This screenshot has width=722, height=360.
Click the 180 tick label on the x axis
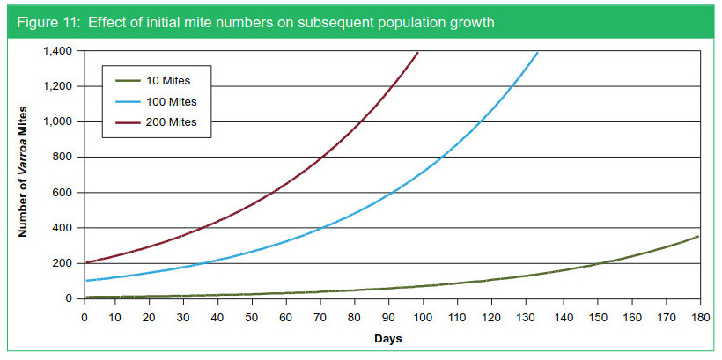click(696, 315)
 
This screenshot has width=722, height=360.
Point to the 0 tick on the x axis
click(85, 315)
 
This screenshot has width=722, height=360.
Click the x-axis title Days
click(391, 339)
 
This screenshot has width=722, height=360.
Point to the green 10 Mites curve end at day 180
click(696, 237)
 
